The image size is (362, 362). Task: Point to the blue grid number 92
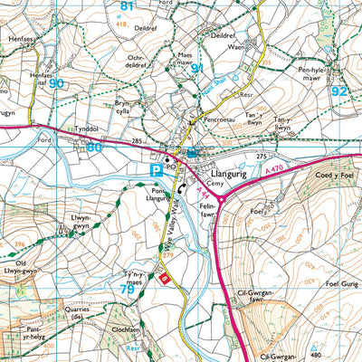[x=338, y=90]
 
